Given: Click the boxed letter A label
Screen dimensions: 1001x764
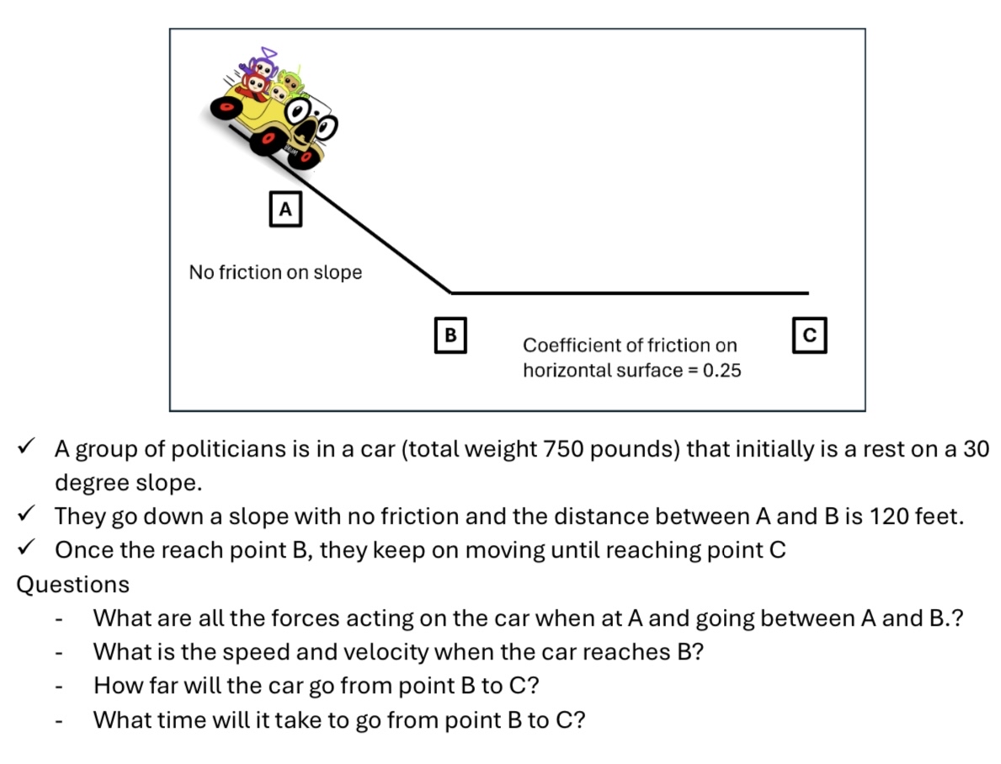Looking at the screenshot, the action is [x=285, y=209].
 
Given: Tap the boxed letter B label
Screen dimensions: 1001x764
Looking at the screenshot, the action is [x=450, y=334].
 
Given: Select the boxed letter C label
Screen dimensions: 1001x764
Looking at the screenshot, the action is [x=810, y=334].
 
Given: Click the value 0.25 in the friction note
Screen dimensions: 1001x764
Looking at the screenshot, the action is [x=722, y=371].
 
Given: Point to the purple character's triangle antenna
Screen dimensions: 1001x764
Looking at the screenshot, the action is [x=269, y=52].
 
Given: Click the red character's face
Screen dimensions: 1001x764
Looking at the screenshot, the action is [x=257, y=83].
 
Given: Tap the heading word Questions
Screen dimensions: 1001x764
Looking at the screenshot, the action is [x=72, y=585].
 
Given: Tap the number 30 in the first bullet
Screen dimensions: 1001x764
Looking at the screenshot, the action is [x=976, y=449].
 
